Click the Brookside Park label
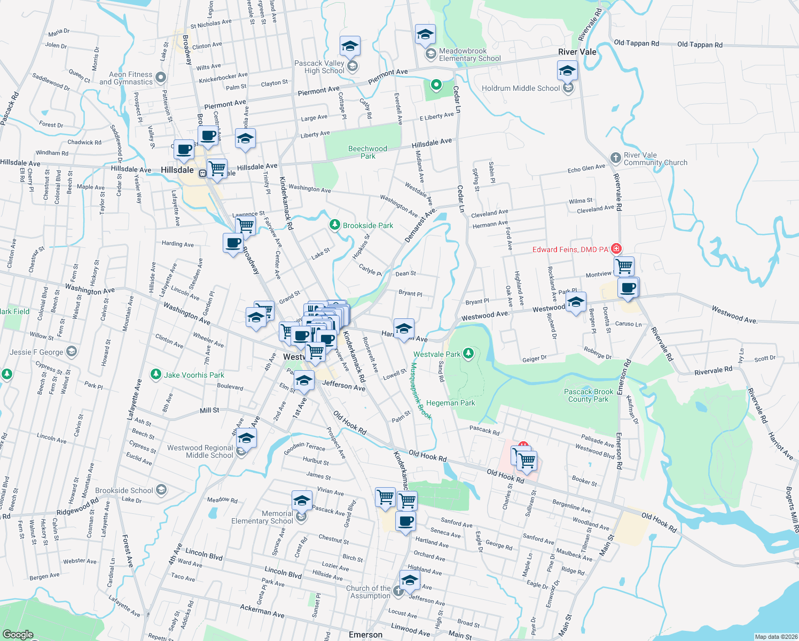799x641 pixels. coord(368,225)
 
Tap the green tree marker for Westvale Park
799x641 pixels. coord(468,354)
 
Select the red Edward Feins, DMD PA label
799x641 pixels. coord(570,249)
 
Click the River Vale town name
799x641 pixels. coord(577,52)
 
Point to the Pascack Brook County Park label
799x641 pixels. coord(589,395)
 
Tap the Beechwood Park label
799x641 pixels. coord(367,152)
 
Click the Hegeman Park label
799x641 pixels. coord(450,403)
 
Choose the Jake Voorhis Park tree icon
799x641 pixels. coord(156,374)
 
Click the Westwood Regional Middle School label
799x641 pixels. coord(200,451)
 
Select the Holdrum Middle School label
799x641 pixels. coord(521,88)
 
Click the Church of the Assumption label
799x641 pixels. coord(368,592)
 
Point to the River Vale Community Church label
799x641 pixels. coord(655,159)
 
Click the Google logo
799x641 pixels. coord(18,634)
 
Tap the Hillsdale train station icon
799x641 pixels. coord(203,173)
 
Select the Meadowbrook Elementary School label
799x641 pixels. coord(469,54)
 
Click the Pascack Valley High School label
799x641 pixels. coord(319,67)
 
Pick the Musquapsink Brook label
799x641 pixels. coord(420,391)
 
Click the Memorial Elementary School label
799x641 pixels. coord(262,517)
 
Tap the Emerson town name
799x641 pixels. coord(365,635)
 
